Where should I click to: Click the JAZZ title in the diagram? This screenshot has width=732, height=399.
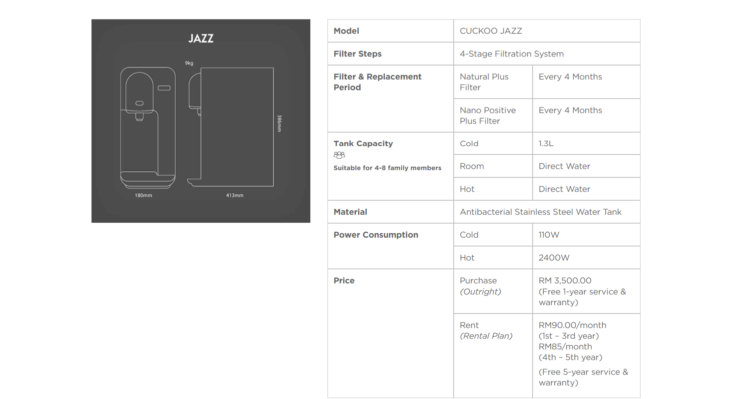pyautogui.click(x=201, y=38)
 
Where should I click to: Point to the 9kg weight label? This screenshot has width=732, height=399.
pyautogui.click(x=189, y=63)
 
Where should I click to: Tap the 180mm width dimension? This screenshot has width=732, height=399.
pyautogui.click(x=143, y=195)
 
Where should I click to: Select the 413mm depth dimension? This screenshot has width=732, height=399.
pyautogui.click(x=234, y=195)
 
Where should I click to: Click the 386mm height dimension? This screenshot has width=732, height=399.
pyautogui.click(x=279, y=124)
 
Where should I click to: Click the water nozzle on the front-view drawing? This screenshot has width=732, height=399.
pyautogui.click(x=140, y=117)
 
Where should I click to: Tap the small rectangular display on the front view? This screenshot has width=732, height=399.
pyautogui.click(x=164, y=88)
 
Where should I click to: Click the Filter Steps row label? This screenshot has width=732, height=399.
pyautogui.click(x=358, y=54)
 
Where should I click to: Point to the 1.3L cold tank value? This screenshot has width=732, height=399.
pyautogui.click(x=546, y=143)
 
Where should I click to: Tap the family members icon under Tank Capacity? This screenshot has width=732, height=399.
pyautogui.click(x=339, y=155)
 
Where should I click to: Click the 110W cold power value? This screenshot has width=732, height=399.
pyautogui.click(x=549, y=235)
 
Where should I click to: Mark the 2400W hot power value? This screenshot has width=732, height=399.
pyautogui.click(x=554, y=258)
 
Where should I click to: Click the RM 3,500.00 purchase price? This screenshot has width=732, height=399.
pyautogui.click(x=565, y=281)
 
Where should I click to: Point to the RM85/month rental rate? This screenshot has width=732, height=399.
pyautogui.click(x=565, y=347)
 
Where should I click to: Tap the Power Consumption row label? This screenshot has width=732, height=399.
pyautogui.click(x=376, y=235)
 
